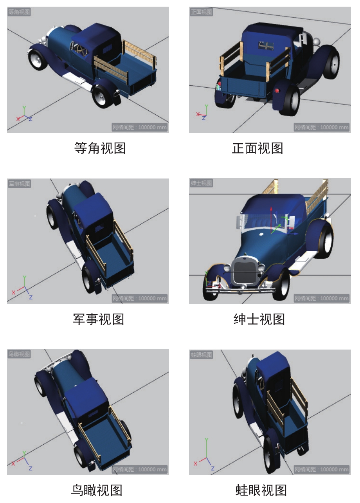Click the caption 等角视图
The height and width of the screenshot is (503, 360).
[x=100, y=148]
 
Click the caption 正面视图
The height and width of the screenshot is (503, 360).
[x=257, y=148]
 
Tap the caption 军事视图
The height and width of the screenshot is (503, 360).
[x=99, y=319]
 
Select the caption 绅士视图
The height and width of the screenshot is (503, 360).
[x=259, y=319]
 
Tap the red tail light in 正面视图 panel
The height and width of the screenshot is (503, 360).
[x=277, y=91]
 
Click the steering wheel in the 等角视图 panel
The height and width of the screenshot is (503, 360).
[x=81, y=49]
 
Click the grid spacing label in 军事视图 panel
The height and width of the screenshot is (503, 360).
[x=140, y=298]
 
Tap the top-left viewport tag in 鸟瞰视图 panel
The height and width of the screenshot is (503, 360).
[x=19, y=354]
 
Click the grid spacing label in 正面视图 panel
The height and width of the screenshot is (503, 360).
[x=322, y=127]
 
